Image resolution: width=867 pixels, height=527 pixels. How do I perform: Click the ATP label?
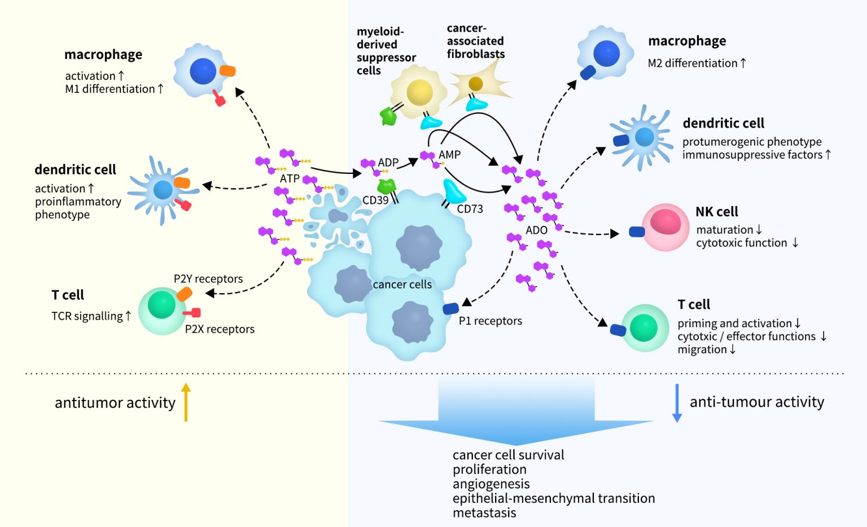point(290,178)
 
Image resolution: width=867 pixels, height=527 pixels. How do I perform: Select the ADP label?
point(388,163)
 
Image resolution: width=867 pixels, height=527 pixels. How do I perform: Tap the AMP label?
point(449,155)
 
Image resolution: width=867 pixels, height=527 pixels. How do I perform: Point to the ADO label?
point(536,230)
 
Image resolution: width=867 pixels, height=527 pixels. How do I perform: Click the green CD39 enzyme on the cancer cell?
point(387,187)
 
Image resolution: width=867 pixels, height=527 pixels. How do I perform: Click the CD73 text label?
point(470,209)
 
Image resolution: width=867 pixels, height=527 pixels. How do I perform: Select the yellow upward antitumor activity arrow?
point(186,402)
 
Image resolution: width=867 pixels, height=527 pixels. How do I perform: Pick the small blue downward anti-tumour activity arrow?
point(677,403)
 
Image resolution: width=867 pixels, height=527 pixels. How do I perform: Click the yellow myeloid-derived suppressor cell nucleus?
point(419,92)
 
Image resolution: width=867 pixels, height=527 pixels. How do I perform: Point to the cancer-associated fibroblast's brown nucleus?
point(475,84)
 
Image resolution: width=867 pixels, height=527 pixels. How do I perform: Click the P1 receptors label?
point(490,321)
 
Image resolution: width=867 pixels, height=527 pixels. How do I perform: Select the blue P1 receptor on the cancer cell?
point(450,308)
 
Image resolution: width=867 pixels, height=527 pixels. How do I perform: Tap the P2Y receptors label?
point(208,279)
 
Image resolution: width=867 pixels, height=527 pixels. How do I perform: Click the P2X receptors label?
point(220,329)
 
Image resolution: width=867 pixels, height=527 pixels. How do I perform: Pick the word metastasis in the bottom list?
point(484,513)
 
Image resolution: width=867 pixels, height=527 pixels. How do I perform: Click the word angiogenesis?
point(491,484)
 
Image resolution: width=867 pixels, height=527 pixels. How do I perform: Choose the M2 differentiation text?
point(697,63)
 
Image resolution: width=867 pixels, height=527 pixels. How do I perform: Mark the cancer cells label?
point(402,285)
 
